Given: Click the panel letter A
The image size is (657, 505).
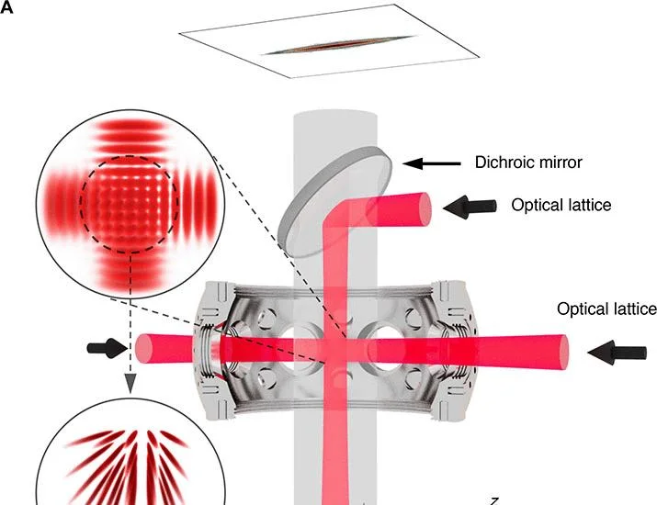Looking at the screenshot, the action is (6, 7).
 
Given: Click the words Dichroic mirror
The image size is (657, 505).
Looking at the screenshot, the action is (528, 162).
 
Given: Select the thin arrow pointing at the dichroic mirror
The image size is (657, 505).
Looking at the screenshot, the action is (432, 163).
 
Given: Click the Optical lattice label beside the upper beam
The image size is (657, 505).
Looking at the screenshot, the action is (561, 205).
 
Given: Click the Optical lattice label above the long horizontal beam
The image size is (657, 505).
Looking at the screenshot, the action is (606, 309).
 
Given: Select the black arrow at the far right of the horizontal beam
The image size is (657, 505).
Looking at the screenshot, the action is (617, 353).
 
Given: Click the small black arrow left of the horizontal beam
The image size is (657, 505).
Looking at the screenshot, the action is (107, 348).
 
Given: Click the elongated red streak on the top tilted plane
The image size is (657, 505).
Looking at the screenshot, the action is (338, 45).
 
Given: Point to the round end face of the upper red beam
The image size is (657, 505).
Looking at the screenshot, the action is (425, 209).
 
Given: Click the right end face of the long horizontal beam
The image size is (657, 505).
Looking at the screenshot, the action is (562, 353).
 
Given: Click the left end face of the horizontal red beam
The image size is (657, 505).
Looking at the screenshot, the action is (143, 348).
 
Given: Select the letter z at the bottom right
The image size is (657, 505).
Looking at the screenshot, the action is (494, 500).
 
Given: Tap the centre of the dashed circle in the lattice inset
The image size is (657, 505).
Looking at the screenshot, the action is (130, 205).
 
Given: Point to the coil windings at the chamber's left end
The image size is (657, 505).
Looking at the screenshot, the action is (206, 351).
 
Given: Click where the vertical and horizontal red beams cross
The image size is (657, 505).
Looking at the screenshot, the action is (336, 349).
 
